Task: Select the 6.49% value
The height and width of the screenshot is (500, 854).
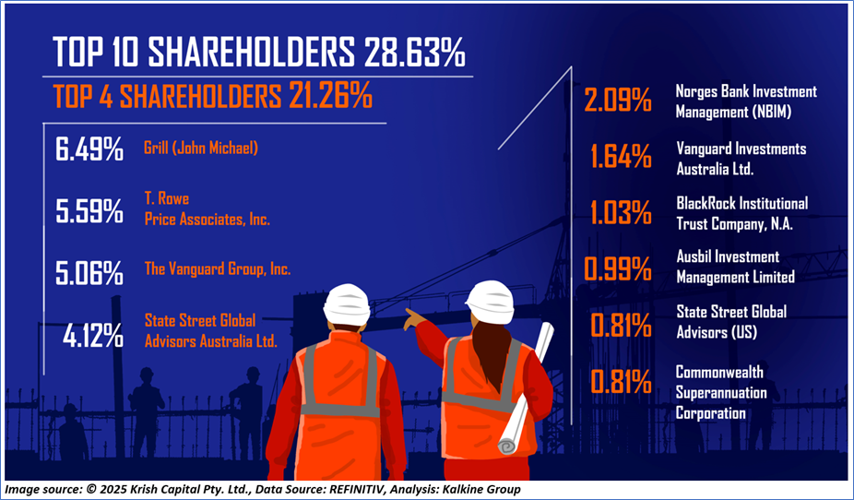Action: [89, 149]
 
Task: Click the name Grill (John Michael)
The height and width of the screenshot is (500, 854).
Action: [201, 148]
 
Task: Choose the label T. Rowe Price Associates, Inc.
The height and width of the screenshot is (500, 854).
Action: [207, 209]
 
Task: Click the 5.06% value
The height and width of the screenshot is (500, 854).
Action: [89, 273]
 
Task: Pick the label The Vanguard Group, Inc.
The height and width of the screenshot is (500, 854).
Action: [218, 268]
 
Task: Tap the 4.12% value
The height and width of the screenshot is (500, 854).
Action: [92, 337]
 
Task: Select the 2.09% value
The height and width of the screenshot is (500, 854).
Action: [618, 100]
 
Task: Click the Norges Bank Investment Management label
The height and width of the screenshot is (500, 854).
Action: [746, 101]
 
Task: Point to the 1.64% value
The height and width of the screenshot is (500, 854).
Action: [621, 156]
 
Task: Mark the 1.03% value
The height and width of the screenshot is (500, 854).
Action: [621, 212]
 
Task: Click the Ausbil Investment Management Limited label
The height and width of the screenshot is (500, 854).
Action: [735, 267]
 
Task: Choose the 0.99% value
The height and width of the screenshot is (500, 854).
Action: [618, 268]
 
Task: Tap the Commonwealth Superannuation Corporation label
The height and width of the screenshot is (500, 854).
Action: [721, 392]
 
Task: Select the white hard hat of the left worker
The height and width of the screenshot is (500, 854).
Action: [347, 303]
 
